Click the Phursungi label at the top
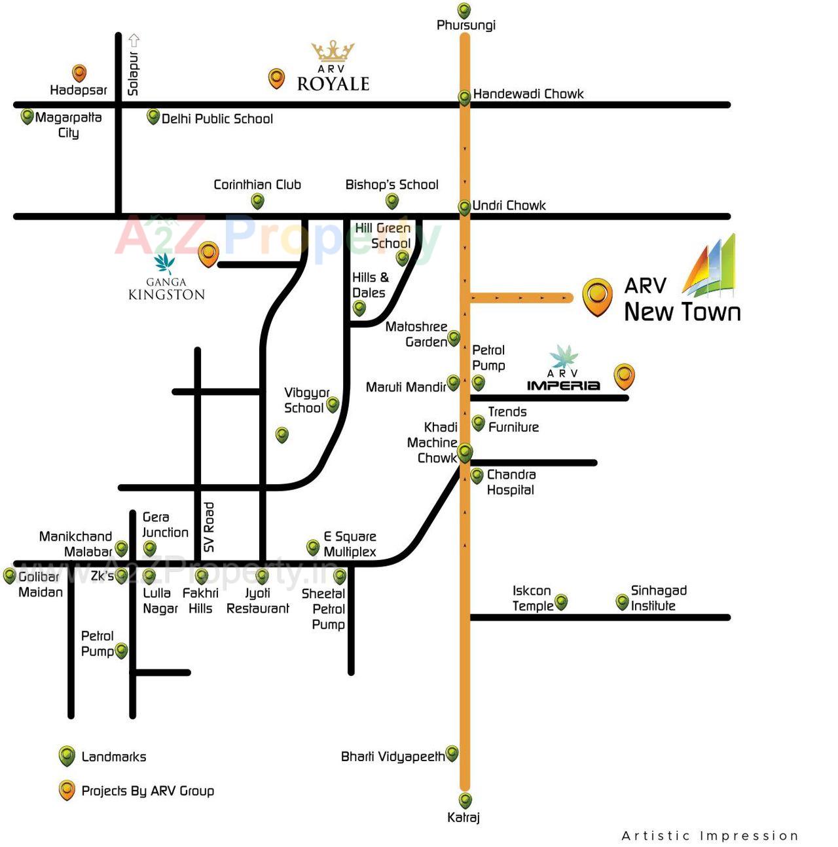point(465,26)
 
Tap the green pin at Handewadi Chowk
point(464,97)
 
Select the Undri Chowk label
point(509,206)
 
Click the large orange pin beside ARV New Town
point(597,296)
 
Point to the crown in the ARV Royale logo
point(333,51)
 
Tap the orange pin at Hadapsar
point(79,73)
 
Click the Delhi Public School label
point(217,119)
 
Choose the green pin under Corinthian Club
point(258,201)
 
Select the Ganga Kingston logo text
point(166,289)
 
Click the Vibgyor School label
point(305,400)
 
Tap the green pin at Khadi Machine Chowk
point(465,452)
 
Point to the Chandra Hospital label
point(511,482)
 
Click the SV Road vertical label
point(209,527)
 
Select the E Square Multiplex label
point(350,544)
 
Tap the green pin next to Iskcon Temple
point(561,601)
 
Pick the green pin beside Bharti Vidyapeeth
point(452,753)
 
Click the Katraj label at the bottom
point(464,818)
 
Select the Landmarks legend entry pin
point(67,756)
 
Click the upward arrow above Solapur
point(134,40)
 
